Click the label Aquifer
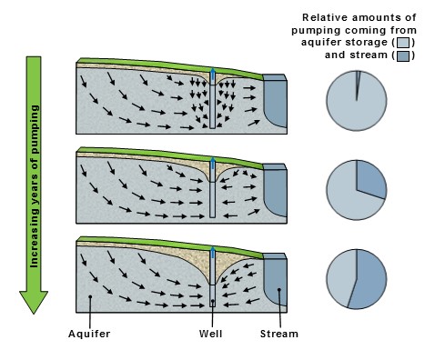[89, 334]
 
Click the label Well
[211, 334]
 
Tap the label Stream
[279, 334]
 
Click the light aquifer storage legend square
[403, 43]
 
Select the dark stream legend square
[403, 55]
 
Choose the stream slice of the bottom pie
[370, 280]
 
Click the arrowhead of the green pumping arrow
[34, 302]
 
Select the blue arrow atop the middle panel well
[213, 164]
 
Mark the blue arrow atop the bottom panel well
[213, 253]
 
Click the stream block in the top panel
[275, 101]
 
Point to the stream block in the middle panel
[275, 190]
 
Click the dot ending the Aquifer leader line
[90, 296]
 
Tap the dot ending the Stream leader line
[279, 290]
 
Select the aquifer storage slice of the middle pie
[343, 194]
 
